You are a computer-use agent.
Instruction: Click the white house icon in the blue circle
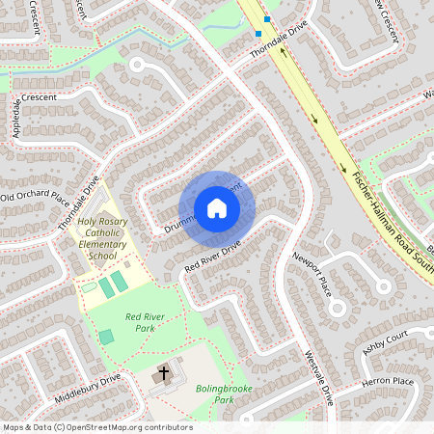point(216,208)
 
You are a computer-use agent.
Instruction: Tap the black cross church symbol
point(163,372)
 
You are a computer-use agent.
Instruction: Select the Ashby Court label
point(386,339)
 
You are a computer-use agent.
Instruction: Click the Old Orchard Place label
point(35,199)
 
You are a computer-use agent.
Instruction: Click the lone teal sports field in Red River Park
point(105,337)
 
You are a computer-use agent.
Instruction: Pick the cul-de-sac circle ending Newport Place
point(336,308)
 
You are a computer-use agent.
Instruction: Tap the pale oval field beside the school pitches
point(90,286)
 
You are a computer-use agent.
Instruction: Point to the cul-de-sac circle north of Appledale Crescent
point(137,65)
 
